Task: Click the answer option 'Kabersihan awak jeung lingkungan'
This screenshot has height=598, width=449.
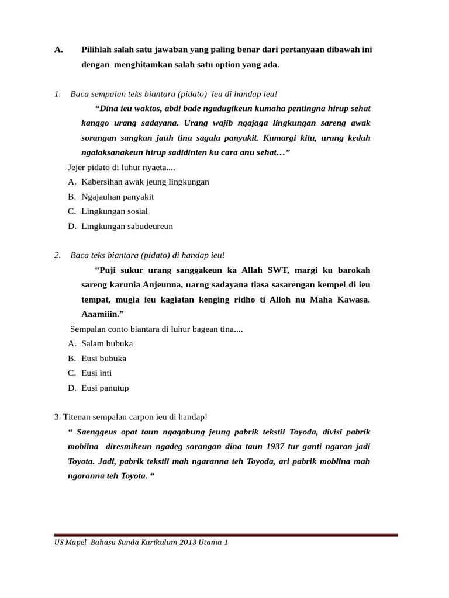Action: point(145,182)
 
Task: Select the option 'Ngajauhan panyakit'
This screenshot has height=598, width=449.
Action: point(118,197)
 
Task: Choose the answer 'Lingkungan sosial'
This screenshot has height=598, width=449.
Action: point(115,211)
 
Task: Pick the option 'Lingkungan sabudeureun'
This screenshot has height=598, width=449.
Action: point(127,226)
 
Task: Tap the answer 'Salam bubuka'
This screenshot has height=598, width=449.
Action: point(107,343)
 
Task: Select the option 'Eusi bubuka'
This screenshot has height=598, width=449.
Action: point(103,358)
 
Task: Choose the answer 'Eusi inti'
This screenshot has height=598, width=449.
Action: point(96,373)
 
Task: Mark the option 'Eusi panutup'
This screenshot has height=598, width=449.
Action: point(105,388)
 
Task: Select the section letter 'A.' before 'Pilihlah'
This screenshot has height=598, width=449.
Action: point(58,50)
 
